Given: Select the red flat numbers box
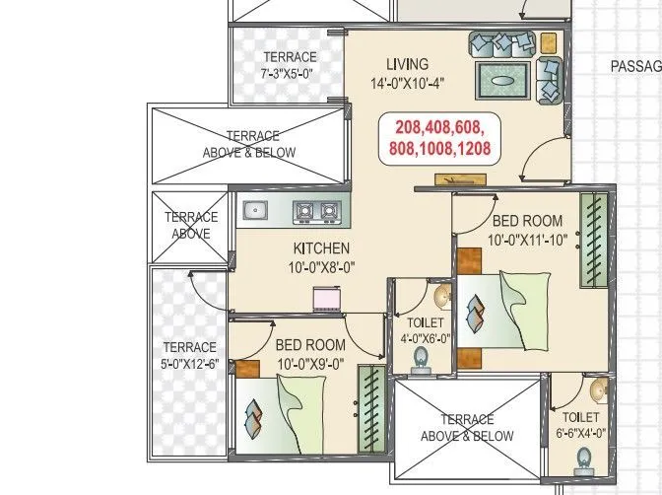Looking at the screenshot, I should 442,138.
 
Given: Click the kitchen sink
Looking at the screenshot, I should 255,209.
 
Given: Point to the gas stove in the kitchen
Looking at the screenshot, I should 315,210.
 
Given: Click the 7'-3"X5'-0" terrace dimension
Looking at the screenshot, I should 289,74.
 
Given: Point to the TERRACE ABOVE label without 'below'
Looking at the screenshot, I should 190,226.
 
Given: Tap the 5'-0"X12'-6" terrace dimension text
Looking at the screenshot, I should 188,364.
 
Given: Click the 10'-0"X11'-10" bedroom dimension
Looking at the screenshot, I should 527,239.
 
